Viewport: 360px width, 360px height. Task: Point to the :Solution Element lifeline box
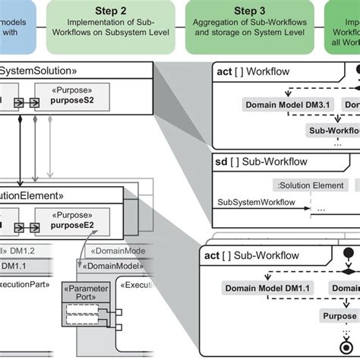pos(311,185)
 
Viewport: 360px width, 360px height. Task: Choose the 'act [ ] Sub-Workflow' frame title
pos(251,255)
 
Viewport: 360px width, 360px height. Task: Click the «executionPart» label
pos(26,286)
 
